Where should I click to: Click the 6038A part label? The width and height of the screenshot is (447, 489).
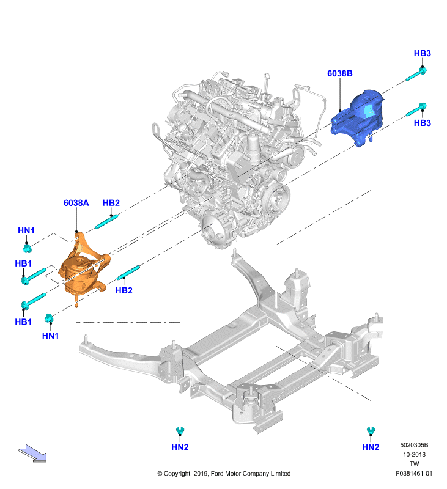[76, 203]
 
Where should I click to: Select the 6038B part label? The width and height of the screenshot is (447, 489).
[340, 73]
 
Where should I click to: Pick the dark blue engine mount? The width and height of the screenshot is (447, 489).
[358, 118]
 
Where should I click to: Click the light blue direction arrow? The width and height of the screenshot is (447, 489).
[32, 453]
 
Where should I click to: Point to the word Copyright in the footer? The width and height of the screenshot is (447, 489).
[177, 474]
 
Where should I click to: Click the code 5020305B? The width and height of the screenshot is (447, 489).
[414, 445]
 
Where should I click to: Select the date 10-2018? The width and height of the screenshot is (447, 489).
[414, 454]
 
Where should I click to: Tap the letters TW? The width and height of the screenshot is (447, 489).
[414, 464]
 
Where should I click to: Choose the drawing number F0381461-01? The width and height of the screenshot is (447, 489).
[414, 473]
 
